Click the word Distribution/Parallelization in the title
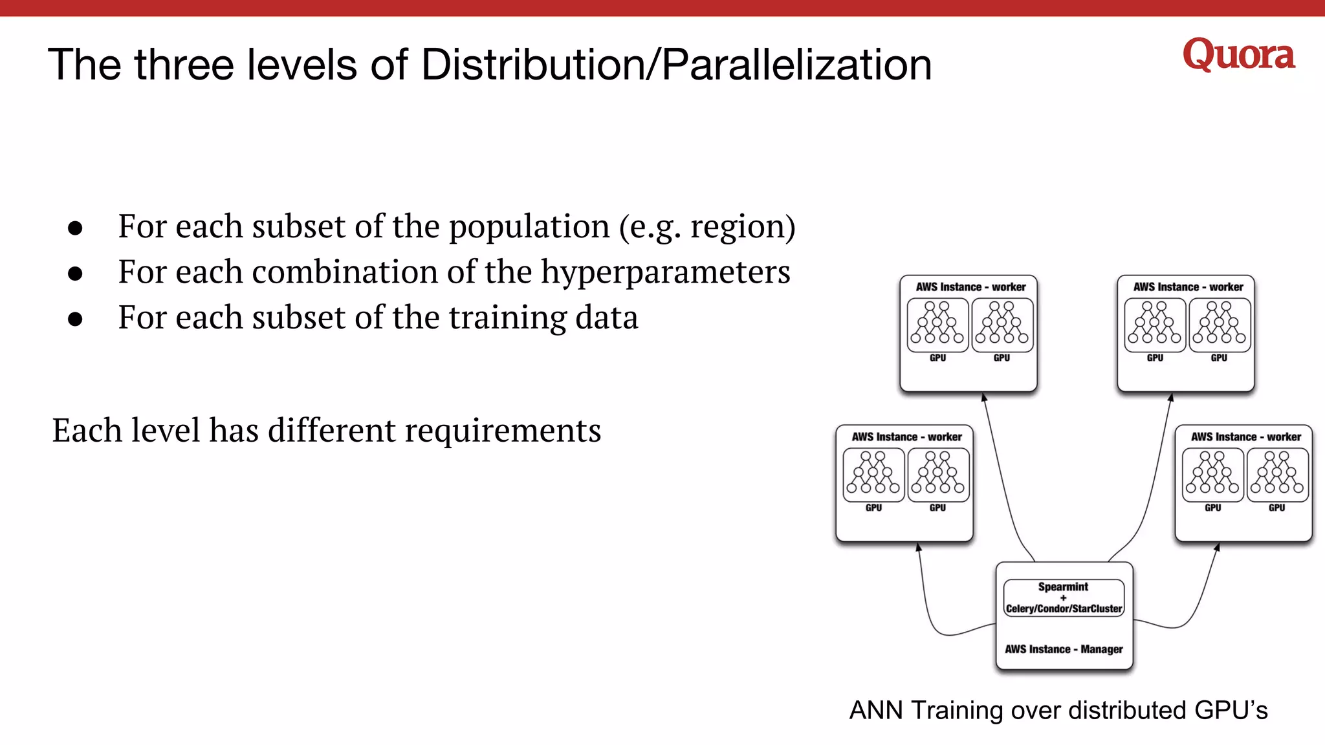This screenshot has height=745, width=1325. coord(676,65)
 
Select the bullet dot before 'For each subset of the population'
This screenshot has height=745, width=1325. coord(75,228)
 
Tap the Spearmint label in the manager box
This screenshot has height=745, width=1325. coord(1063,587)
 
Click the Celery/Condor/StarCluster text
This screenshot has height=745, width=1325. coord(1064,609)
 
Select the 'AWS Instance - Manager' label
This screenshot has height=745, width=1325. coord(1064,649)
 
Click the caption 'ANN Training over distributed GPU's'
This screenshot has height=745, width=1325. coord(1058,710)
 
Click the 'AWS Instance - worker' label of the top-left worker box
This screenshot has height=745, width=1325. coord(970,287)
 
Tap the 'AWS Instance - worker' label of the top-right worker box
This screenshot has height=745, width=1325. coord(1188,287)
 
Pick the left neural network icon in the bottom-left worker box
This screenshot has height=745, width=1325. coord(873,475)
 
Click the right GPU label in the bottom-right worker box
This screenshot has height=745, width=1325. coord(1276,508)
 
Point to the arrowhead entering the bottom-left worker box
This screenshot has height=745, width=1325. coord(918,547)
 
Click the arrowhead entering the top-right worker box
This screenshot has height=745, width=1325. coord(1171,397)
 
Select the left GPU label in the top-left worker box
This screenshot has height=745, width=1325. coord(937,358)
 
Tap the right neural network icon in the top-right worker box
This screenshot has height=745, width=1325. coord(1219,325)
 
